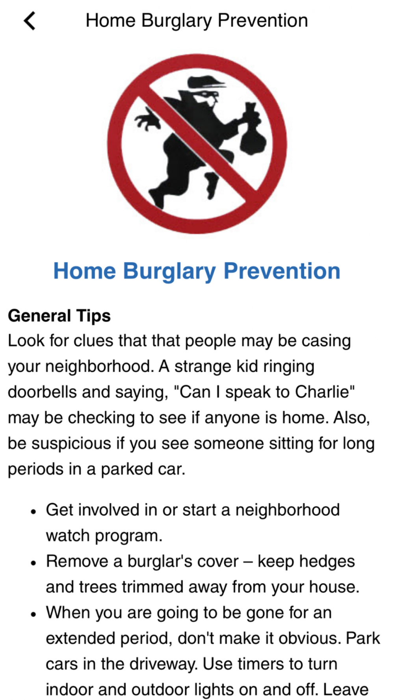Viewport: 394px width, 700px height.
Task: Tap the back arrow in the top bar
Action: click(30, 20)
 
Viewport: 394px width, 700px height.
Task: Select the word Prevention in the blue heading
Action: click(282, 271)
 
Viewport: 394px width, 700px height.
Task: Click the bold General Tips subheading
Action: click(59, 316)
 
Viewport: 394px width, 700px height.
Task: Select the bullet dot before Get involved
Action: click(34, 512)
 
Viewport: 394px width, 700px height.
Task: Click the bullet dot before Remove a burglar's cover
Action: click(34, 563)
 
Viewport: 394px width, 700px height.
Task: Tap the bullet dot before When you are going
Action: click(34, 615)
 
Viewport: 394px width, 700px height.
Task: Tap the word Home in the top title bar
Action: click(111, 20)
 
